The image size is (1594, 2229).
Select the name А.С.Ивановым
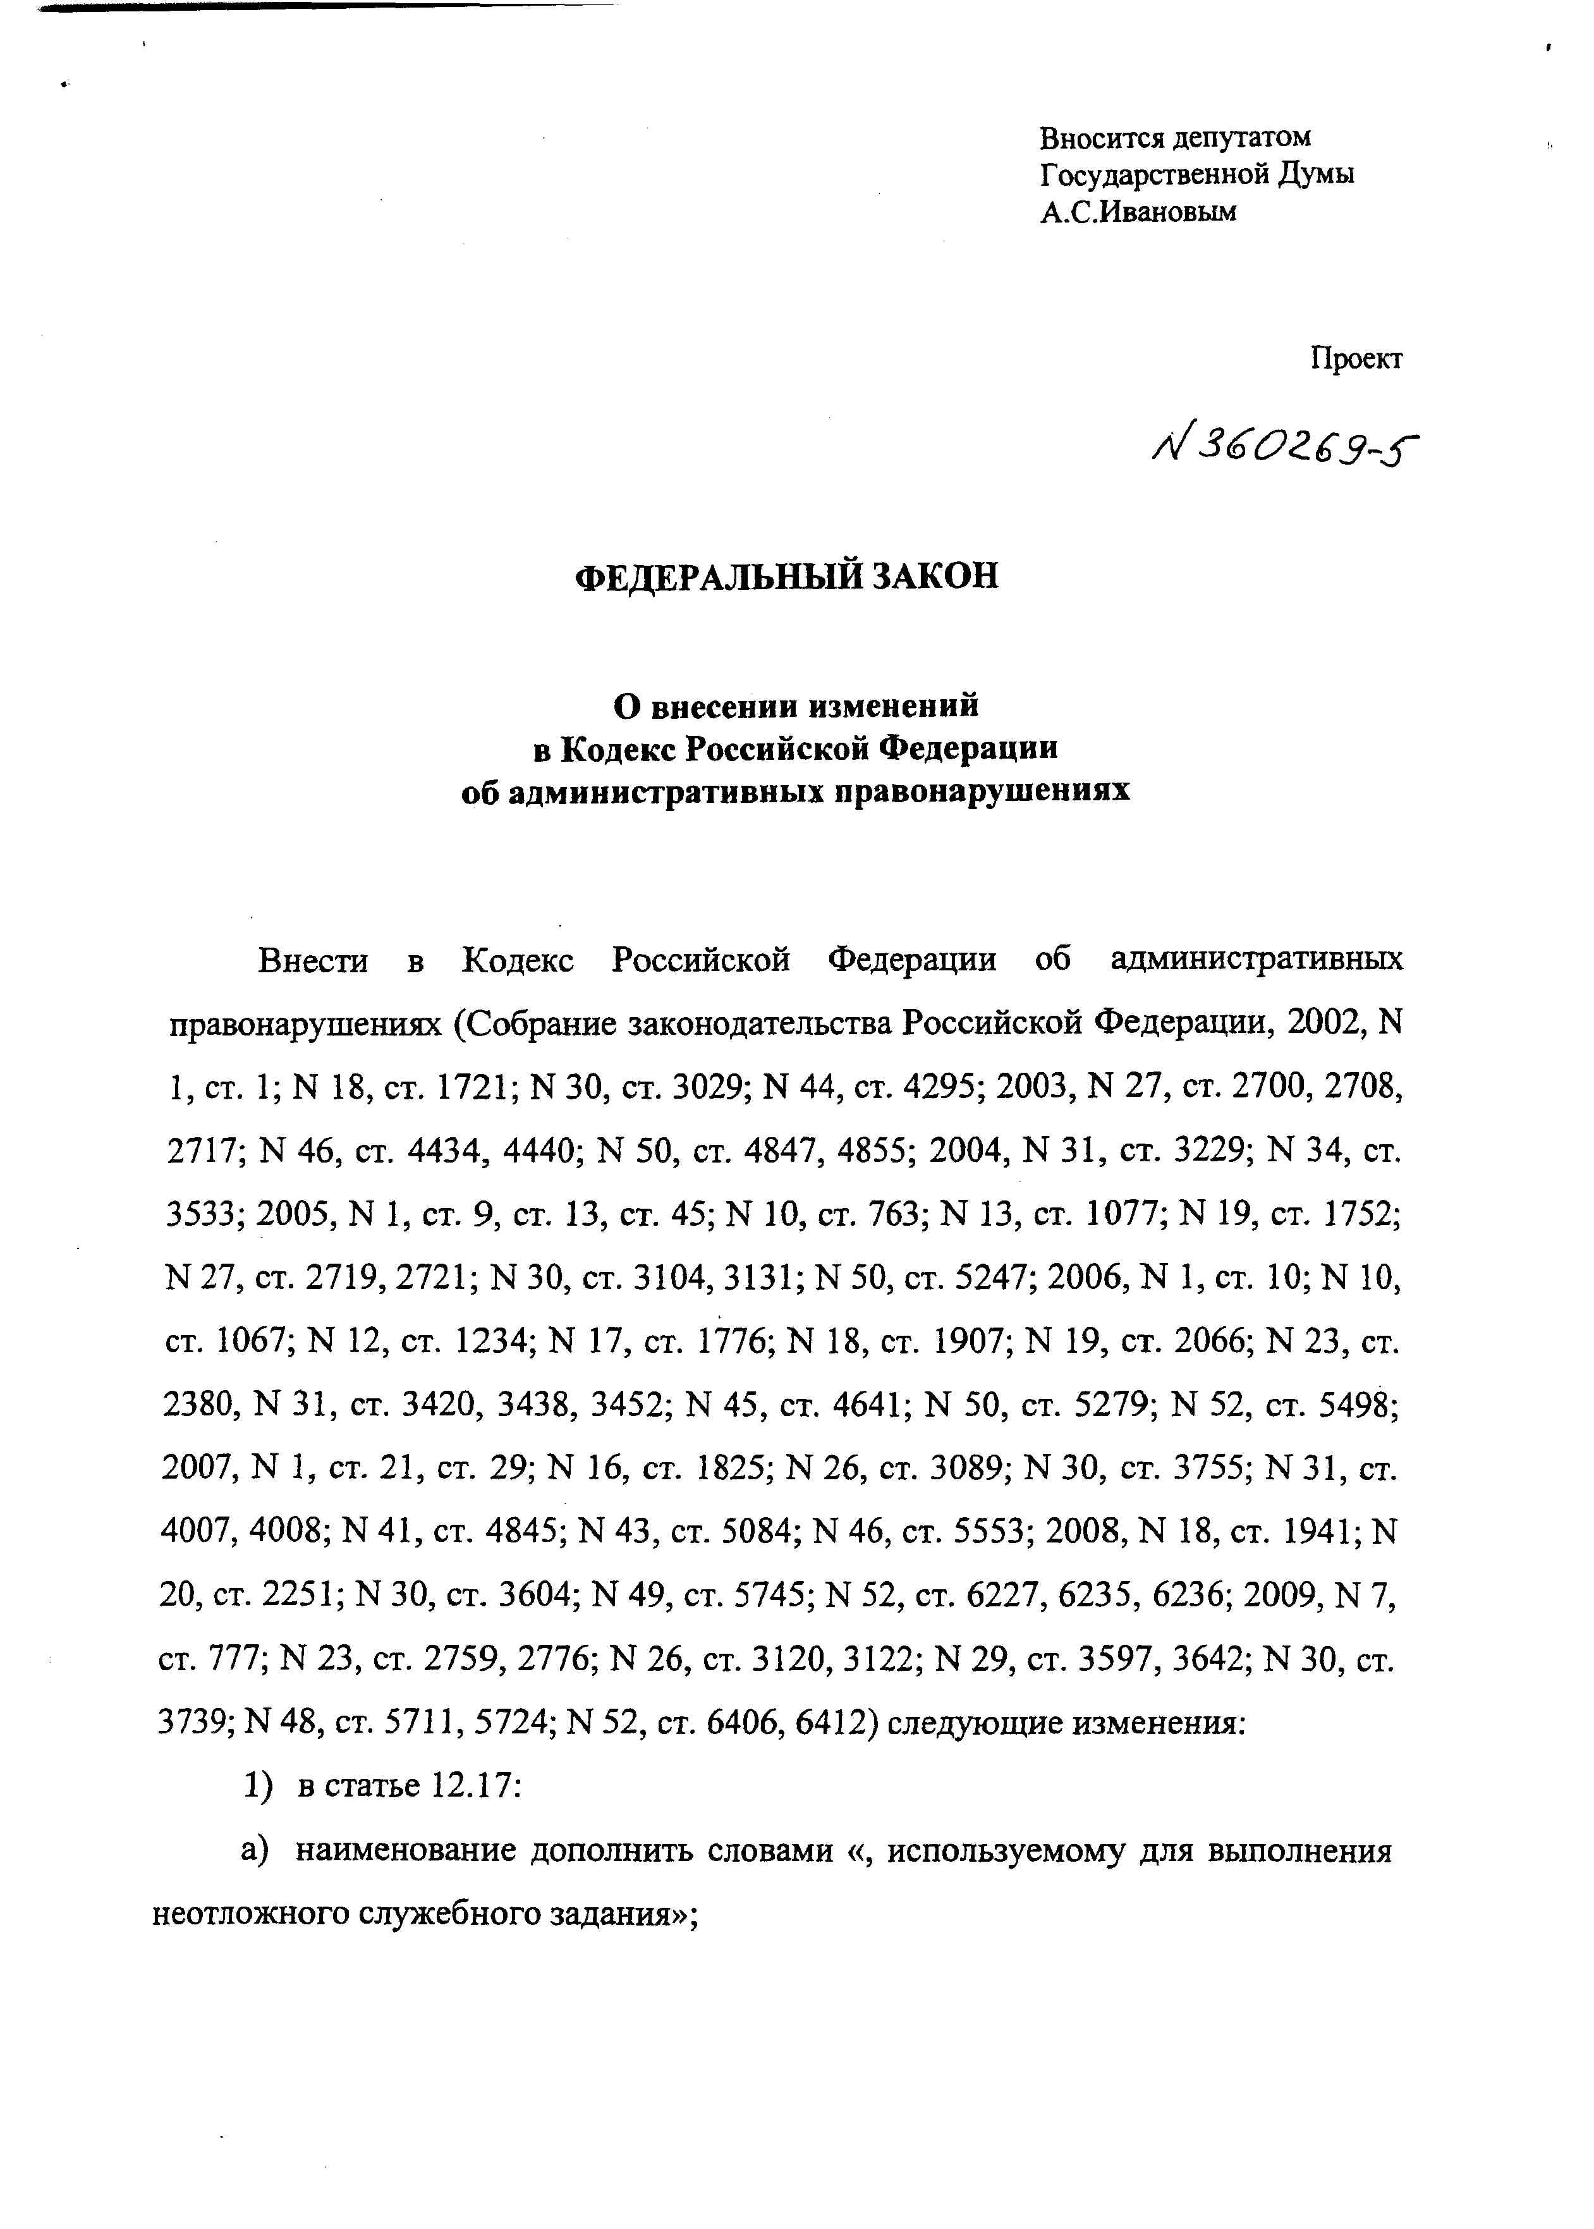tap(1138, 211)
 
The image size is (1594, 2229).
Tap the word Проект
tap(1356, 359)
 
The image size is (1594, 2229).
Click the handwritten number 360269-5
tap(1286, 449)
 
